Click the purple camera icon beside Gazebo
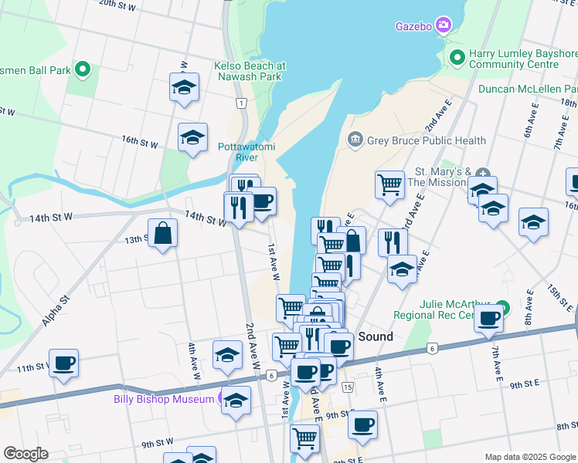(x=444, y=25)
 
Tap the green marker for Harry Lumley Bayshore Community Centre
(x=457, y=57)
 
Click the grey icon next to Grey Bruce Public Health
(x=355, y=140)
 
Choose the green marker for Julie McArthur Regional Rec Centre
(x=503, y=307)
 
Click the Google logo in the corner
(x=25, y=453)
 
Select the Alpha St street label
(x=56, y=309)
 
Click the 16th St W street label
(x=140, y=142)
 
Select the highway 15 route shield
(x=348, y=386)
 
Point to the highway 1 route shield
(x=242, y=103)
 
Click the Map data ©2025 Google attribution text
(x=529, y=456)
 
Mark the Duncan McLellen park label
(x=528, y=89)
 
